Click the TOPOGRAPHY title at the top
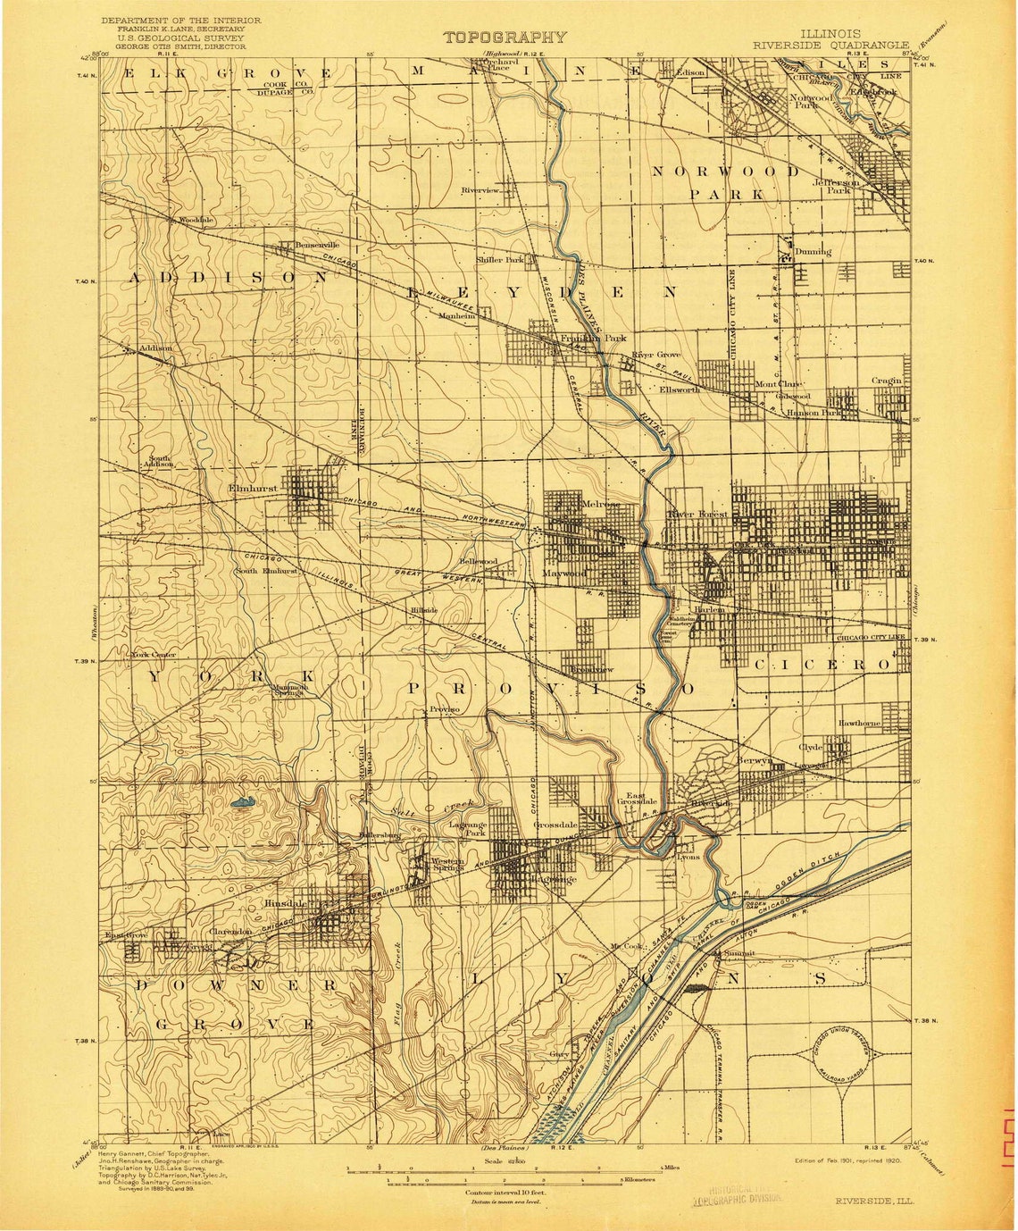click(505, 38)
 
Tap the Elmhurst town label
click(252, 490)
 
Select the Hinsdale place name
click(286, 903)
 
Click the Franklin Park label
click(593, 339)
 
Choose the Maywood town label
click(564, 573)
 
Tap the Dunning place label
click(812, 252)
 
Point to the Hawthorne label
click(859, 723)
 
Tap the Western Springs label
click(447, 865)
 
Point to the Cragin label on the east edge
click(887, 381)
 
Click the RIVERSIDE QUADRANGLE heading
click(830, 45)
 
